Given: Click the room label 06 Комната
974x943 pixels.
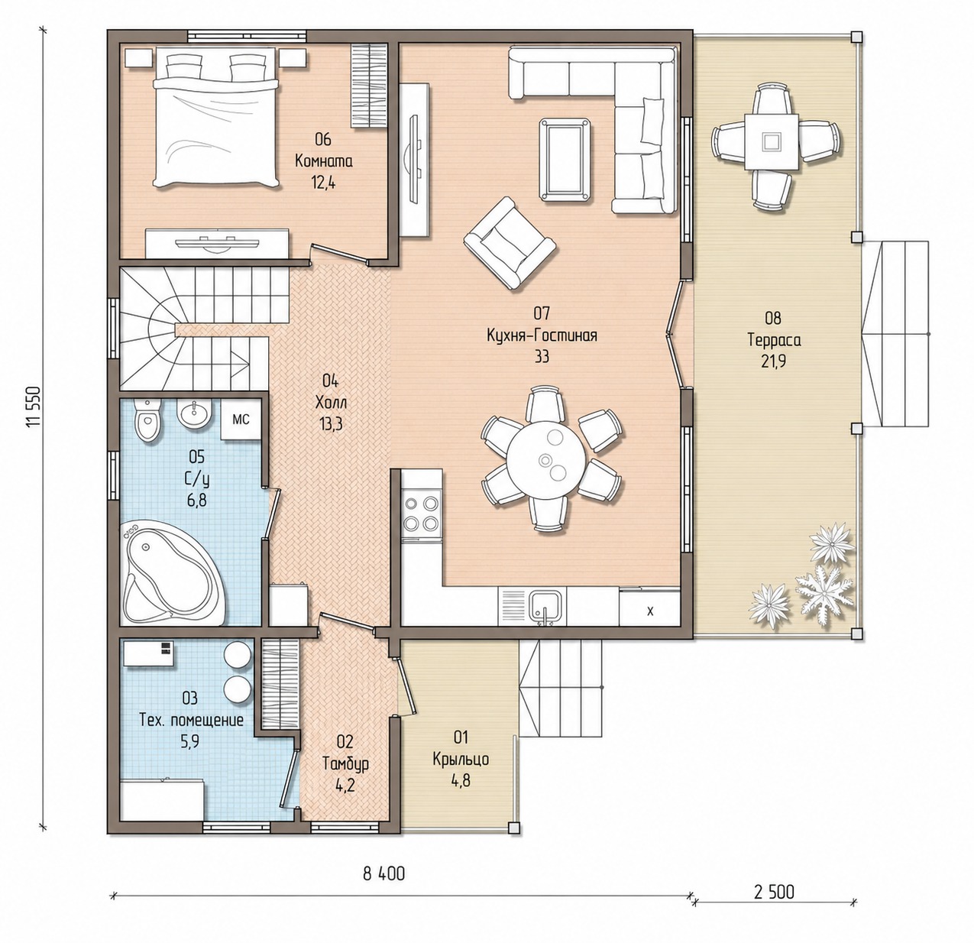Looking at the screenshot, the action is pos(323,151).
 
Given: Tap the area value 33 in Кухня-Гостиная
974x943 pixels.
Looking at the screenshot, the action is pos(542,357).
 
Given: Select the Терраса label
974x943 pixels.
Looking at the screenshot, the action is pos(774,339).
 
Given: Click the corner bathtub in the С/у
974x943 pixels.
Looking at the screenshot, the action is pos(173,572).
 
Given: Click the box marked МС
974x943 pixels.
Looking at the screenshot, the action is pos(241,420).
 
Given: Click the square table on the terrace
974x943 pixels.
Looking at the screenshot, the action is pos(771,141).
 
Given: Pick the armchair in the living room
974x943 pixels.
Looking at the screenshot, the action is pos(510,243).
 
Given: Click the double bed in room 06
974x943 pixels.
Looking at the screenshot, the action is pos(215,118).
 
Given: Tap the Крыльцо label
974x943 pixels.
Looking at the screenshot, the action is pos(461,759).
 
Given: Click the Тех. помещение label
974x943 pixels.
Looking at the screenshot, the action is pos(192,721).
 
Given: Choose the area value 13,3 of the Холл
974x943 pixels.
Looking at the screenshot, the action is pos(330,424).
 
